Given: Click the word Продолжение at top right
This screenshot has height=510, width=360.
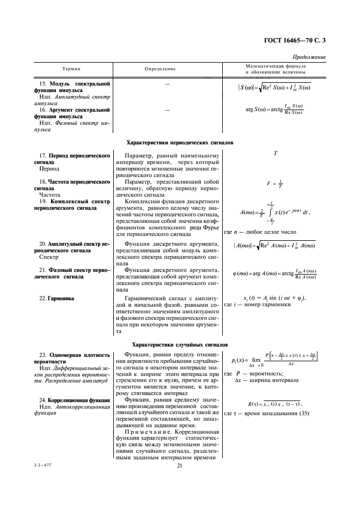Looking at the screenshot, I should coord(309,57).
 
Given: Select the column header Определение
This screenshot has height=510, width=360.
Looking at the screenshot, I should coord(160,69).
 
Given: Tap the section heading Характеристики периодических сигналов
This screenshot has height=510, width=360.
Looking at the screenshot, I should coord(179,143).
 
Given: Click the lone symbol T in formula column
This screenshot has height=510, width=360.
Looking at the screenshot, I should coord(276,154).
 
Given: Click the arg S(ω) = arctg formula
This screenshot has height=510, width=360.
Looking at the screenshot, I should coord(274,110).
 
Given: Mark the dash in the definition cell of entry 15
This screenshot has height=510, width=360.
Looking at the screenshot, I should coord(167,85).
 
